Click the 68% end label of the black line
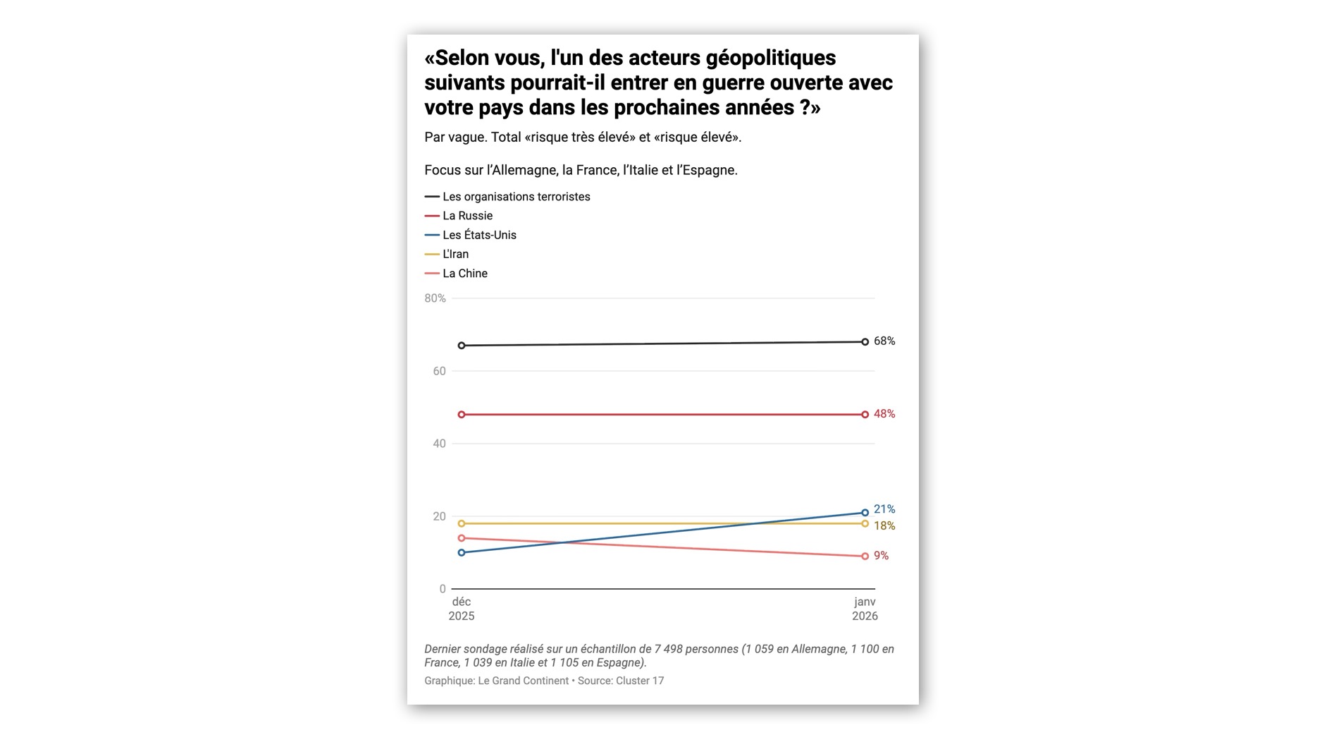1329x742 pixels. [x=884, y=341]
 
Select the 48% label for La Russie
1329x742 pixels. [x=884, y=414]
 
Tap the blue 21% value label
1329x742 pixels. [x=884, y=509]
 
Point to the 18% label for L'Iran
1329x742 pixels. [x=884, y=526]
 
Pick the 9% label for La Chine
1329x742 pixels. [x=881, y=556]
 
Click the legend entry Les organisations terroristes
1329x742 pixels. [x=516, y=197]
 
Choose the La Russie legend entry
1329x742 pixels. [x=467, y=216]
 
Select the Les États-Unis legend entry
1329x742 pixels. [x=479, y=235]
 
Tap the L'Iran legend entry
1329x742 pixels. [x=455, y=254]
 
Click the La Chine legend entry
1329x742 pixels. [x=464, y=274]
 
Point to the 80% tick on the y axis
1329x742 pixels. [x=435, y=298]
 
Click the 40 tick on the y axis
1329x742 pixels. [x=439, y=444]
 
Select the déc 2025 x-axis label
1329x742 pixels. [x=462, y=609]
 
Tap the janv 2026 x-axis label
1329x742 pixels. [x=865, y=609]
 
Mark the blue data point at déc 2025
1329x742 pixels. [x=462, y=552]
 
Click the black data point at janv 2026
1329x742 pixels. [x=865, y=342]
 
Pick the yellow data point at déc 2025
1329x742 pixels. [x=462, y=523]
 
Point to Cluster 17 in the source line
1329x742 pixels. [x=639, y=681]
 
